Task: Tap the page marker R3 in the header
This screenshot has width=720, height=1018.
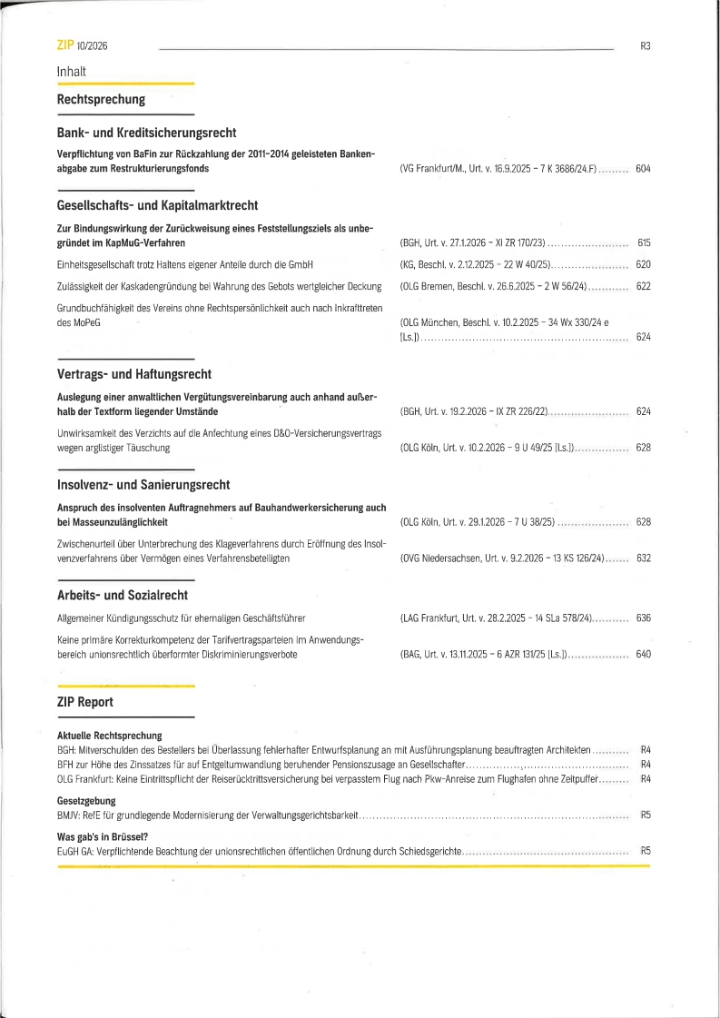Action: click(x=646, y=45)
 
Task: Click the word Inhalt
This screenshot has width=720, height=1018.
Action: click(x=72, y=71)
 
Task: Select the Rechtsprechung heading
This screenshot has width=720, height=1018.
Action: click(x=101, y=99)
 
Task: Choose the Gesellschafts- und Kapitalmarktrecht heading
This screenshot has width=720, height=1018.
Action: click(x=157, y=205)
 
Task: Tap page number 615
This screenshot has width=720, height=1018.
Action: click(x=644, y=243)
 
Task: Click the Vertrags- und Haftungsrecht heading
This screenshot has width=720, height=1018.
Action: click(x=134, y=374)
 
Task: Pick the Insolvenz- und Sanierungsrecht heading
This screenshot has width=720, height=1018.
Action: click(x=143, y=485)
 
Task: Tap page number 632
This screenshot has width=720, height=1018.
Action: click(x=644, y=558)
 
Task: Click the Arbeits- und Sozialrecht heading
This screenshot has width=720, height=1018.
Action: click(x=123, y=596)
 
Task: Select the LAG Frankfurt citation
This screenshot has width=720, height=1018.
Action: click(x=496, y=618)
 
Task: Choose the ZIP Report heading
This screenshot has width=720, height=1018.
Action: click(x=85, y=702)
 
